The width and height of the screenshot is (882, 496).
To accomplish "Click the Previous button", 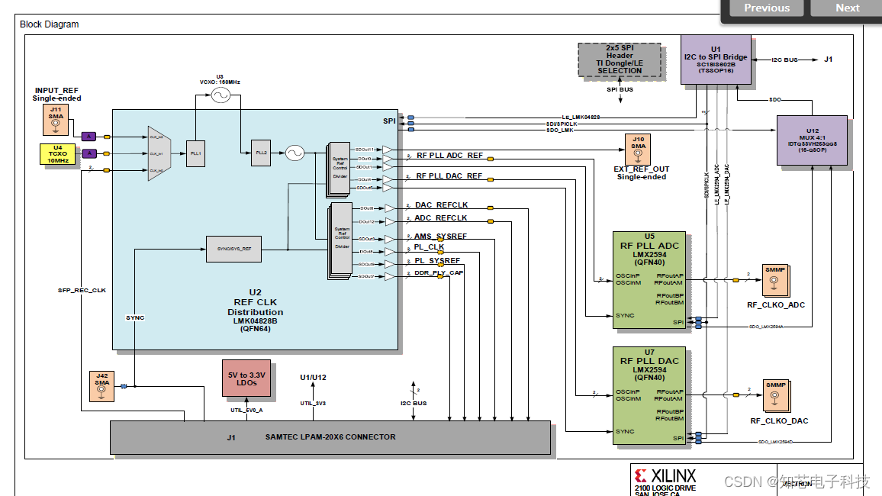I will [x=767, y=8].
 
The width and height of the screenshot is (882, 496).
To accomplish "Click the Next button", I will [x=847, y=8].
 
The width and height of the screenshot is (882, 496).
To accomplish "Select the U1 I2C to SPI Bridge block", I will [x=715, y=59].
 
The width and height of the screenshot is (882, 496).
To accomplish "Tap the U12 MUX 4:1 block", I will [x=812, y=140].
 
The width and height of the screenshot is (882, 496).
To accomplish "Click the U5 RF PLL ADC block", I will [x=649, y=280].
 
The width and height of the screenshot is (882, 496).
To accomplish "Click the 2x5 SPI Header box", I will [x=620, y=60].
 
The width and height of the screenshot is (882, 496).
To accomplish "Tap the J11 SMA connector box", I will [x=55, y=120].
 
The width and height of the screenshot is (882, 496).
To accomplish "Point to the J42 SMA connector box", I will [x=101, y=387].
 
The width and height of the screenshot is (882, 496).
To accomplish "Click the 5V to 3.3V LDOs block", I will [x=246, y=378].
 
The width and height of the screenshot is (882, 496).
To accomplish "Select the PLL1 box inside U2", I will [x=196, y=153].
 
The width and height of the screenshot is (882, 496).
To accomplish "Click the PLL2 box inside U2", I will [x=261, y=153].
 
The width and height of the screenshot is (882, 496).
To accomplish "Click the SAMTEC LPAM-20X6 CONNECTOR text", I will [x=330, y=436].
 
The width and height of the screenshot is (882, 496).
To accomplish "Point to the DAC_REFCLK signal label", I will [x=441, y=205].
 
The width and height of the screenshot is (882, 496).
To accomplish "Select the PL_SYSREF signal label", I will [x=437, y=261].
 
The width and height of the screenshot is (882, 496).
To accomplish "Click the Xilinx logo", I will [x=665, y=476].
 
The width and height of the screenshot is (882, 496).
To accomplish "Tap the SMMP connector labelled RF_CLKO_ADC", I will [x=774, y=283].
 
